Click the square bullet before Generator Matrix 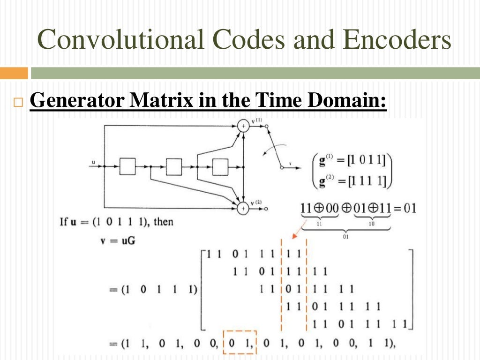click(x=18, y=103)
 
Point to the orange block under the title click(x=14, y=73)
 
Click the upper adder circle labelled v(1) click(x=243, y=126)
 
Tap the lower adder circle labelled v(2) click(x=243, y=207)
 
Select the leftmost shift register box click(x=127, y=166)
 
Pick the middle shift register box click(x=173, y=166)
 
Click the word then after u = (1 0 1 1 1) click(x=164, y=221)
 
